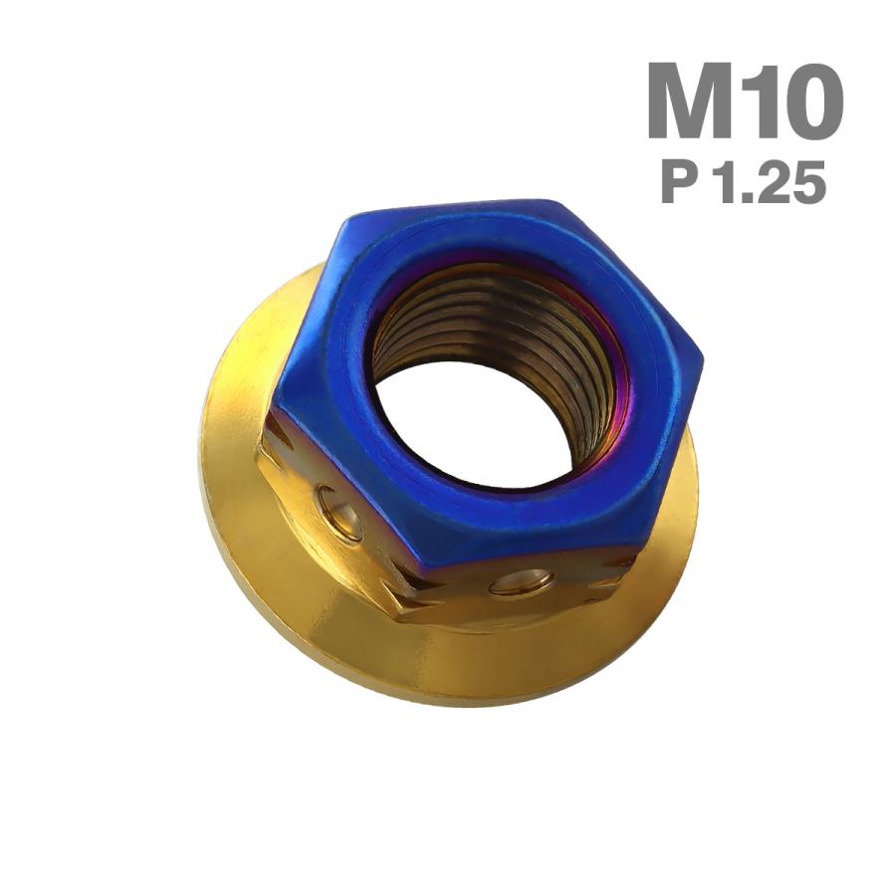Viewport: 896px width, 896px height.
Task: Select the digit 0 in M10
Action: click(811, 102)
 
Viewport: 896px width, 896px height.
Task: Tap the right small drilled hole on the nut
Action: click(520, 581)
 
